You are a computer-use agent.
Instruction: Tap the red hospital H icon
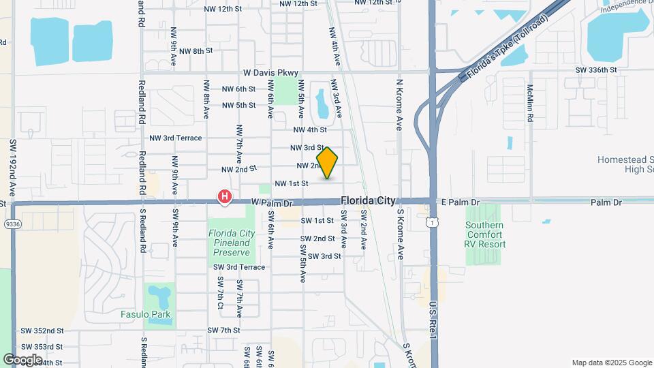point(223,197)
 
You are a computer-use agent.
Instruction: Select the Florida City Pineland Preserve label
point(232,243)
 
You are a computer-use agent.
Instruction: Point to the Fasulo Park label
point(146,315)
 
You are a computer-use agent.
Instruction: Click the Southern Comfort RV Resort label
point(485,234)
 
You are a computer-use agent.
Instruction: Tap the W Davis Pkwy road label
point(271,72)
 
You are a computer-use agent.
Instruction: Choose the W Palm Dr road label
point(271,203)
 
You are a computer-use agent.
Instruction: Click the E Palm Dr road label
point(461,202)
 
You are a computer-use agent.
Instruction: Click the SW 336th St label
point(595,70)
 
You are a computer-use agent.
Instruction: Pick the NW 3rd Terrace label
point(176,138)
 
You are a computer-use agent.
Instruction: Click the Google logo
point(22,359)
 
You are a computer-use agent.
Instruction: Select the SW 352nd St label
point(42,331)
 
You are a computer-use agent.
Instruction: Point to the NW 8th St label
point(193,51)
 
